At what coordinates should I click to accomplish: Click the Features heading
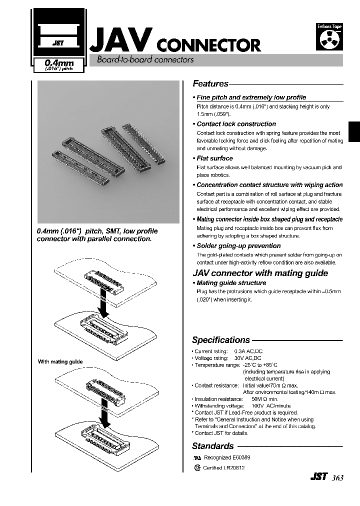(x=210, y=84)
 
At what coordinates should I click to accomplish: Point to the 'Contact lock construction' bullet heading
(x=236, y=124)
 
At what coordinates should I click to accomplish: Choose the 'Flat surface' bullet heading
(x=214, y=158)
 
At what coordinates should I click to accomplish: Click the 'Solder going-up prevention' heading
(x=238, y=246)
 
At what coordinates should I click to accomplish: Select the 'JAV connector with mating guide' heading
(x=260, y=273)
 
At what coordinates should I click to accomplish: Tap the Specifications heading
(x=220, y=340)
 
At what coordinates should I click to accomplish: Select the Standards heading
(x=213, y=446)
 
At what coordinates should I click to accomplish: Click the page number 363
(x=337, y=478)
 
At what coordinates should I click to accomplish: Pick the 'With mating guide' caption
(x=60, y=361)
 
